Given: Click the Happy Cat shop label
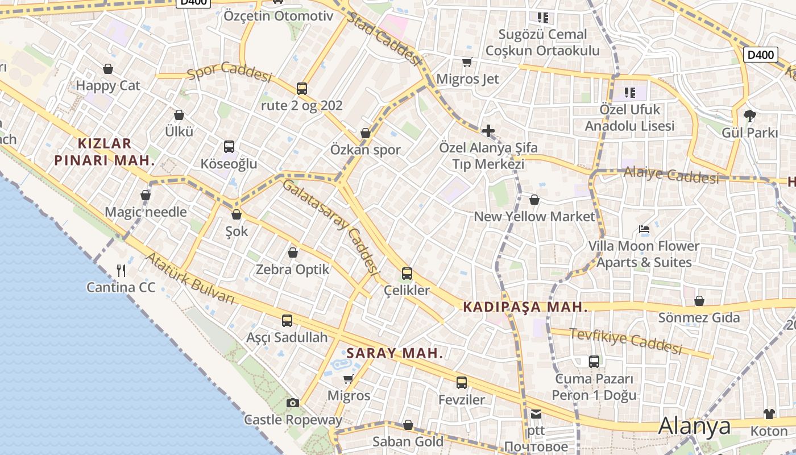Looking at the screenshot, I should tap(108, 86).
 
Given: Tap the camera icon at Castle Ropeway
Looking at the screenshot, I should tap(293, 403).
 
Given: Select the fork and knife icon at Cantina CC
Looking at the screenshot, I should tap(121, 270).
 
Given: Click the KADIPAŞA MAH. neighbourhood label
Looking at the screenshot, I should tap(525, 307).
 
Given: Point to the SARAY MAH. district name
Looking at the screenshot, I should tap(395, 353).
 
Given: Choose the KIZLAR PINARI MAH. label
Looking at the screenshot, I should tap(105, 152).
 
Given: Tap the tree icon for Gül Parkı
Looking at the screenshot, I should tap(749, 116).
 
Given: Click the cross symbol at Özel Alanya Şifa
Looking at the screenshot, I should tap(488, 131).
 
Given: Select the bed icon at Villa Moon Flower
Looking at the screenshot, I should tap(644, 229).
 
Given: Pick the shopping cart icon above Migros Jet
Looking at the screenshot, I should tap(467, 62).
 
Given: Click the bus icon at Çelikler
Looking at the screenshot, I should tap(407, 274).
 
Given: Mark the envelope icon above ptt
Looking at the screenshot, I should tap(536, 414).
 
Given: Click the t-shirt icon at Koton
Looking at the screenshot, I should tap(769, 414).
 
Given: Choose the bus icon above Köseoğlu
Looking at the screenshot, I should tap(229, 147).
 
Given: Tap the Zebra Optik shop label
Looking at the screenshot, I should tap(293, 269).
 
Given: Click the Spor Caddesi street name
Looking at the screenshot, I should tap(229, 71).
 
